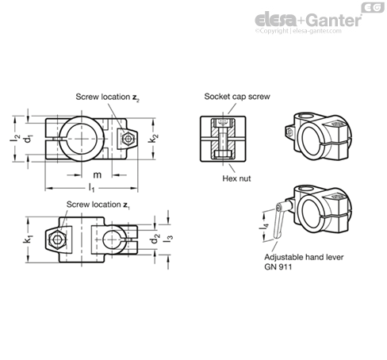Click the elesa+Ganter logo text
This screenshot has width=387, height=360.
[308, 20]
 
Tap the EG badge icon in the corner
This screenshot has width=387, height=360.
[373, 8]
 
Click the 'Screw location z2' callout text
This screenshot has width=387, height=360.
[107, 98]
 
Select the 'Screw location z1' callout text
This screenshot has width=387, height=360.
[98, 205]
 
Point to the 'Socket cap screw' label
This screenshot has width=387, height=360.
[237, 97]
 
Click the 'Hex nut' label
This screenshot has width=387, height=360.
[236, 178]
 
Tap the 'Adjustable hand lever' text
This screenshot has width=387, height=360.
[304, 257]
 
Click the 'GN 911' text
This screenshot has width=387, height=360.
[278, 267]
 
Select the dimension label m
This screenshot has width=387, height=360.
[98, 174]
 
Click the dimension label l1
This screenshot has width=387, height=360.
[91, 188]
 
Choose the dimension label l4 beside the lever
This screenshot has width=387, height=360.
[265, 226]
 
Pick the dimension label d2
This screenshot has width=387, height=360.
[155, 239]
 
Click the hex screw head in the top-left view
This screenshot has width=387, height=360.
[128, 139]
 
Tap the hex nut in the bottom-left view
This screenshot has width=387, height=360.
[56, 239]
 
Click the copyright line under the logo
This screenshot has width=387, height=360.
[298, 31]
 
